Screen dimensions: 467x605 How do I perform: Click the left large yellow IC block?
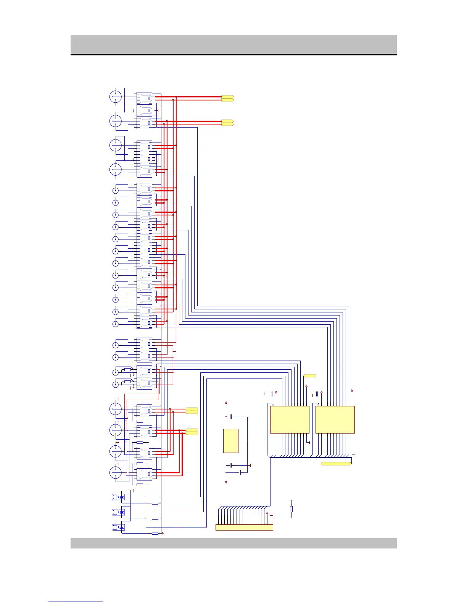[289, 419]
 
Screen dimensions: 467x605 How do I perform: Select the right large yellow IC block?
[335, 419]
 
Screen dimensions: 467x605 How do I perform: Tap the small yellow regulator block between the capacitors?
[230, 441]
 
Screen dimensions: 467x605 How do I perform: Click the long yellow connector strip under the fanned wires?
[244, 527]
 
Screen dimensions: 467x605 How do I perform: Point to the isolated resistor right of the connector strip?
[291, 509]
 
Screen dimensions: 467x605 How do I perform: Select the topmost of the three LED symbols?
[121, 497]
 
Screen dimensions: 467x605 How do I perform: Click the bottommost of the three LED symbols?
[121, 527]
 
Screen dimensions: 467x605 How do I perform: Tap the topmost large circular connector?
[116, 97]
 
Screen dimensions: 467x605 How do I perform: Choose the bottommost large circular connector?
[116, 472]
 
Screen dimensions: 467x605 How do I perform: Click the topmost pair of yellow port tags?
[227, 98]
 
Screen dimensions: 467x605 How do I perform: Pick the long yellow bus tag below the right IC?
[336, 464]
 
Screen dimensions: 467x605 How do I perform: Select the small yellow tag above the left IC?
[310, 376]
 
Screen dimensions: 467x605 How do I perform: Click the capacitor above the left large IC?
[271, 393]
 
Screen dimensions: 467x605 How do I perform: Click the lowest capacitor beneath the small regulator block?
[240, 473]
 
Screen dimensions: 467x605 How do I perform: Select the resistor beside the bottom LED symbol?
[155, 533]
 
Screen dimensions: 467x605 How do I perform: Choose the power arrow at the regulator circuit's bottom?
[226, 482]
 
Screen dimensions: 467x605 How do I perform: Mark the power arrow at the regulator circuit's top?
[226, 402]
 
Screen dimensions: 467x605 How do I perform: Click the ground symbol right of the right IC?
[355, 455]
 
